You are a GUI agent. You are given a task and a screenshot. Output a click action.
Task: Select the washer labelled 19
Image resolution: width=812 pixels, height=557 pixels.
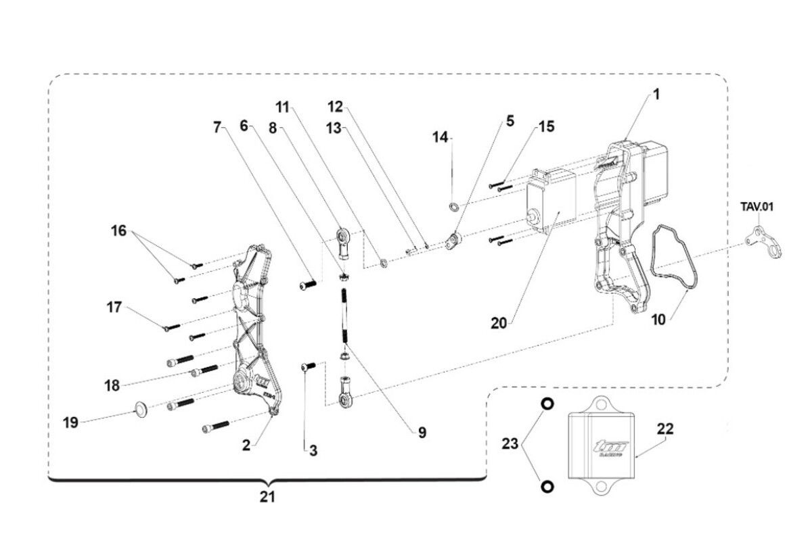[x=141, y=409]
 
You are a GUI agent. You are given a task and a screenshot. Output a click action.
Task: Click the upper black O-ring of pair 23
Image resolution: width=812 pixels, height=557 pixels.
[x=547, y=404]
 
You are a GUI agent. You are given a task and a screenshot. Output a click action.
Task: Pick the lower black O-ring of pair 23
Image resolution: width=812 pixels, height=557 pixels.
[x=547, y=487]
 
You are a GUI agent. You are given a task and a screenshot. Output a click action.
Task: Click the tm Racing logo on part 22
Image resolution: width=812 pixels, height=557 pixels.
[x=611, y=448]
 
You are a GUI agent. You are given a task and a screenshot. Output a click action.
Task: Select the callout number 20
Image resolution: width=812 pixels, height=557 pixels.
[x=499, y=323]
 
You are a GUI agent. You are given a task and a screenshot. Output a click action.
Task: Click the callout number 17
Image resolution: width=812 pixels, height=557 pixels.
[x=114, y=308]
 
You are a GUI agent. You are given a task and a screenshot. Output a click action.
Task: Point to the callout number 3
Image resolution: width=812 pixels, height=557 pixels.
[x=313, y=449]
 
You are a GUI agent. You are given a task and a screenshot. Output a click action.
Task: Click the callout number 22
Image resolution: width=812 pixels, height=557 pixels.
[x=664, y=429]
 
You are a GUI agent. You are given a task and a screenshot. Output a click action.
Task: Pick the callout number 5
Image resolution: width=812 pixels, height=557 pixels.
[x=510, y=121]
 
